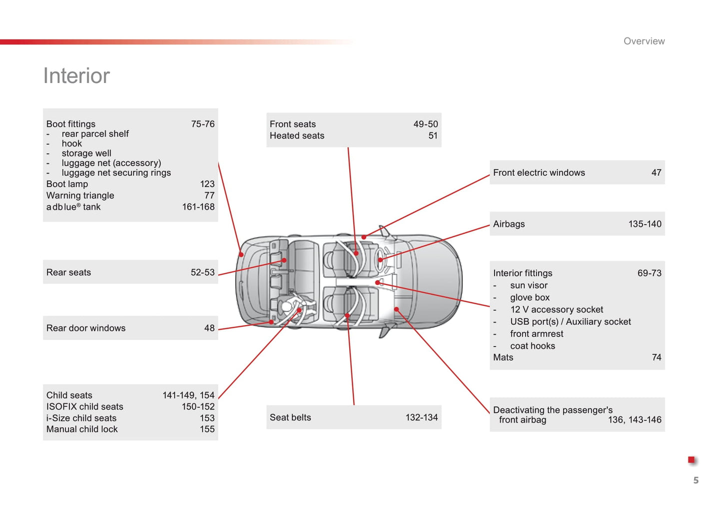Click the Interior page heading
[x=76, y=76]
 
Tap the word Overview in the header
[x=644, y=41]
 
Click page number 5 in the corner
[x=696, y=480]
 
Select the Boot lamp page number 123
[x=207, y=184]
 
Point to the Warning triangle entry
[x=80, y=195]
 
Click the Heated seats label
[x=297, y=136]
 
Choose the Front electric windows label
[x=539, y=173]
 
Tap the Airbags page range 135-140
[x=645, y=224]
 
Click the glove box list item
[x=530, y=297]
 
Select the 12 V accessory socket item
[x=556, y=310]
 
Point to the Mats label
[x=503, y=357]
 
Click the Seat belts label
[x=290, y=417]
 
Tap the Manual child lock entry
[x=82, y=429]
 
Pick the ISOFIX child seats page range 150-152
[x=198, y=407]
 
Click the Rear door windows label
[x=86, y=328]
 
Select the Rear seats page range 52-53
[x=202, y=272]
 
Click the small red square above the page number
[x=691, y=459]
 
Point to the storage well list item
[x=86, y=153]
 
